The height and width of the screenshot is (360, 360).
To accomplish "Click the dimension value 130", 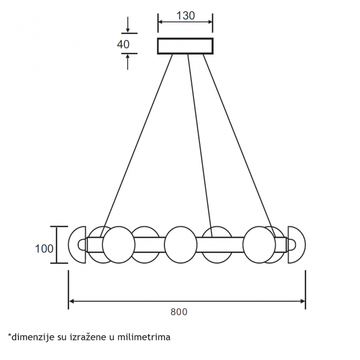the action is [185, 16].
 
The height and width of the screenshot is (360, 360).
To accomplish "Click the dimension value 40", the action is [123, 44].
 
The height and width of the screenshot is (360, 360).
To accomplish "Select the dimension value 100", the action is [44, 248].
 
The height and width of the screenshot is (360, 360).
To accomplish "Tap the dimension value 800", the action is [179, 312].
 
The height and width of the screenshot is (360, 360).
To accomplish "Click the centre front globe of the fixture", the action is [181, 245].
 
